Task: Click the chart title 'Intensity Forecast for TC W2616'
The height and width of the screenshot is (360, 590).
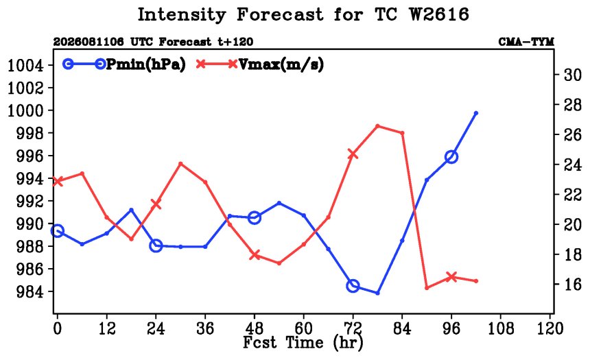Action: point(303,15)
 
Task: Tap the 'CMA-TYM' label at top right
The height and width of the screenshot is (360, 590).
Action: point(526,42)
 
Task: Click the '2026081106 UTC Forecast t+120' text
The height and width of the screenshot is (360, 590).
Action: point(153,42)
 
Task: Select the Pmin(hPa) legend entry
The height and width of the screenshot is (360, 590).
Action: point(124,64)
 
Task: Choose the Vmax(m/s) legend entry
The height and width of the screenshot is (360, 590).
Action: point(260,64)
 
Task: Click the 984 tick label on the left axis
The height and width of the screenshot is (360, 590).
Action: point(29,292)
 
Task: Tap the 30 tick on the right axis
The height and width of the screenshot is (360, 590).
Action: point(572,75)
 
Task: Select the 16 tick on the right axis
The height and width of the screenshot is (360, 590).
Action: point(572,285)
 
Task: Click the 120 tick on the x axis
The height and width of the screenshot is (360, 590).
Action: point(550,328)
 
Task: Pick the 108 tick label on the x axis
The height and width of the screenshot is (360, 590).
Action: point(500,328)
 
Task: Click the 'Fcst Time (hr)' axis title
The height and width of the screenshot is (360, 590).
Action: point(303,343)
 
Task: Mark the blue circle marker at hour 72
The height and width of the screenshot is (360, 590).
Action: point(353,286)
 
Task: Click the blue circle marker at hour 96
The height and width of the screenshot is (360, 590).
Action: point(451,157)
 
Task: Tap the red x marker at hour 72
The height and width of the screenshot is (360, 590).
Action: point(353,154)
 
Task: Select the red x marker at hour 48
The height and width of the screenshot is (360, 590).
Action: point(255,255)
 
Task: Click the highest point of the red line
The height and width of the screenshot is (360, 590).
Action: point(378,126)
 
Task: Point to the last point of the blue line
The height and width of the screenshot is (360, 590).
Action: point(476,113)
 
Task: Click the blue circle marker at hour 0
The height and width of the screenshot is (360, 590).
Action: point(58,230)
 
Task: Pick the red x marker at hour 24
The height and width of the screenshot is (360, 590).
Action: point(156,204)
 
